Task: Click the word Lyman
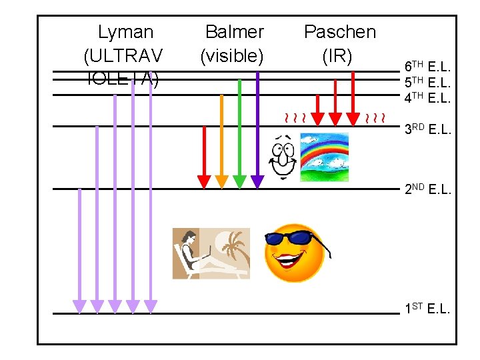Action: click(x=125, y=32)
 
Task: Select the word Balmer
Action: click(x=234, y=32)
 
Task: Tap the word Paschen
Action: click(x=339, y=32)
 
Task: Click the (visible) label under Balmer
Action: click(x=232, y=56)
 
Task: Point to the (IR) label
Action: click(x=337, y=56)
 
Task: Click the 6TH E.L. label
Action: click(x=428, y=67)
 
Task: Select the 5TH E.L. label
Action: click(x=428, y=83)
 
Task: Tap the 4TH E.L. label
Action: click(x=428, y=98)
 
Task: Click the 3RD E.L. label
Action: click(x=428, y=129)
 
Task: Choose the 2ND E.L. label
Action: click(x=428, y=189)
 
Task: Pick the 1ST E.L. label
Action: click(x=428, y=309)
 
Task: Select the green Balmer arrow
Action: click(x=239, y=133)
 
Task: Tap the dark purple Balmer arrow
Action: click(x=257, y=127)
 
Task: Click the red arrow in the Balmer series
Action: click(x=204, y=157)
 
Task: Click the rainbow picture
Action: click(x=325, y=157)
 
